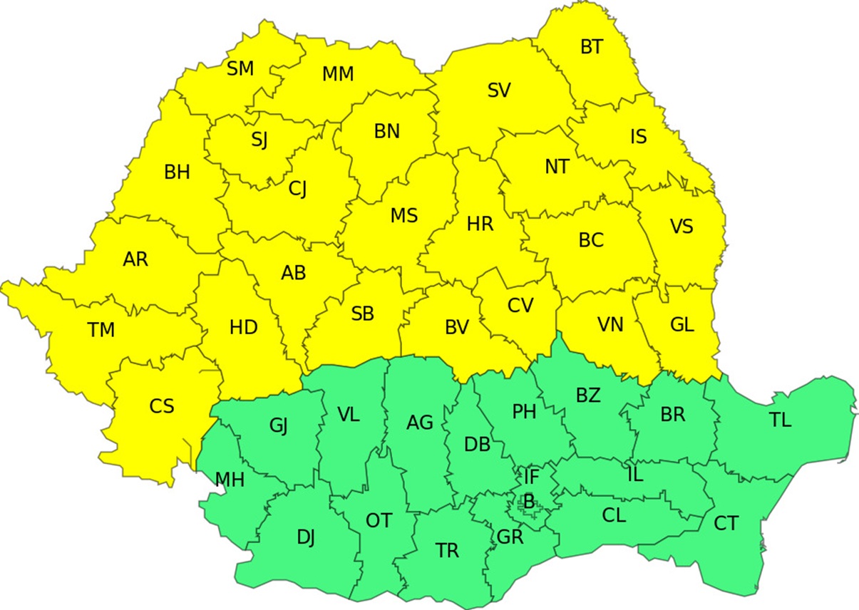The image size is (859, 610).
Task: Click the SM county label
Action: coord(240,68)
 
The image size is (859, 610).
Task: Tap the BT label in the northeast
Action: coord(591,47)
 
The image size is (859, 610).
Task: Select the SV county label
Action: coord(499,91)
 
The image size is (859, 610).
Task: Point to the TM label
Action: coord(101,330)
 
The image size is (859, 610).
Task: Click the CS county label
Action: coord(162,406)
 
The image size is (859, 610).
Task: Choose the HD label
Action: coord(244,328)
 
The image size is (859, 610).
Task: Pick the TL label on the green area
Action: coord(781,420)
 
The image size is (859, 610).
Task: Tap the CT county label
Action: coord(726,524)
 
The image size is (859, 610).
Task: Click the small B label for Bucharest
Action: coord(529,502)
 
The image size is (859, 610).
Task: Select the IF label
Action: coord(531,475)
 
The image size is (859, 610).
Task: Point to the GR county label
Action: coord(510,537)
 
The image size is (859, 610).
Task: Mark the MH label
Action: coord(230,480)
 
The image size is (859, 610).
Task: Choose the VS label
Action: coord(681,227)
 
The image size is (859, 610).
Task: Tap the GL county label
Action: coord(682,325)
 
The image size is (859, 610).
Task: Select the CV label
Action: coord(520,305)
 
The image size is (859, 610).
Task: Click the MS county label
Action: coord(404,215)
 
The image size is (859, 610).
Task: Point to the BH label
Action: coord(177,172)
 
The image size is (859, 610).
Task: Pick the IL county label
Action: coord(634,475)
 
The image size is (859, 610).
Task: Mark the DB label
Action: coord(477,445)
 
